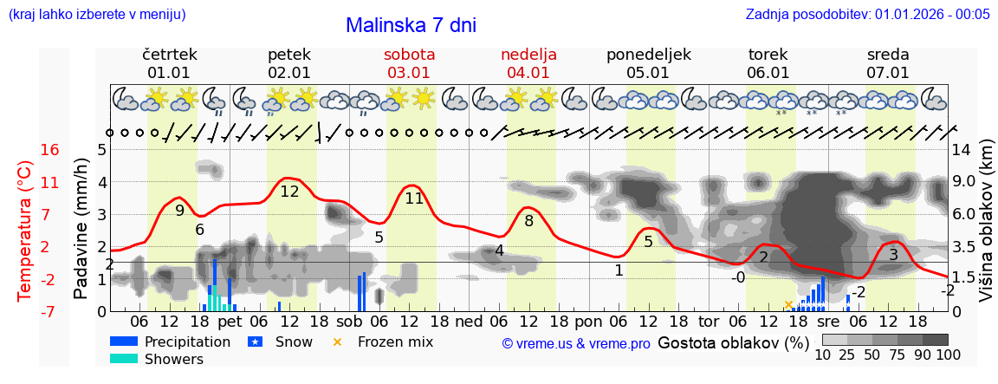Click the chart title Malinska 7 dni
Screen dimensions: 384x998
coord(411,25)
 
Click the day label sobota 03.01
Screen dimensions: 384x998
coord(409,63)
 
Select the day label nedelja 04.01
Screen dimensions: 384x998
coord(528,63)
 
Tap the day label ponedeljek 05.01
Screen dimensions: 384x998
coord(649,63)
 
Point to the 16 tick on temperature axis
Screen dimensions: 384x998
coord(49,150)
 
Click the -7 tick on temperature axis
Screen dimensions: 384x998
coord(49,311)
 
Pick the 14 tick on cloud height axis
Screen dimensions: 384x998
coord(963,150)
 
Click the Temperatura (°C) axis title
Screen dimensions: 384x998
coord(25,231)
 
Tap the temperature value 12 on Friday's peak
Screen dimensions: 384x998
coord(289,192)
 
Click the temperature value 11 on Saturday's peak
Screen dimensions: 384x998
coord(414,198)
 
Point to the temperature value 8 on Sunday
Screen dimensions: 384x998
coord(528,220)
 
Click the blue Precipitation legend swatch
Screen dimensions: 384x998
coord(124,342)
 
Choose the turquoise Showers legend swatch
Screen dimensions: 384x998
coord(124,359)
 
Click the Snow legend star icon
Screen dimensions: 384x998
coord(255,342)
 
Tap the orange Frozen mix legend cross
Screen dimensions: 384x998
coord(338,342)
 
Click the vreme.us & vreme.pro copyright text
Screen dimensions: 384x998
coord(576,343)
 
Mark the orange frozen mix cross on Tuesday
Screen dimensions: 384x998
coord(788,304)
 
